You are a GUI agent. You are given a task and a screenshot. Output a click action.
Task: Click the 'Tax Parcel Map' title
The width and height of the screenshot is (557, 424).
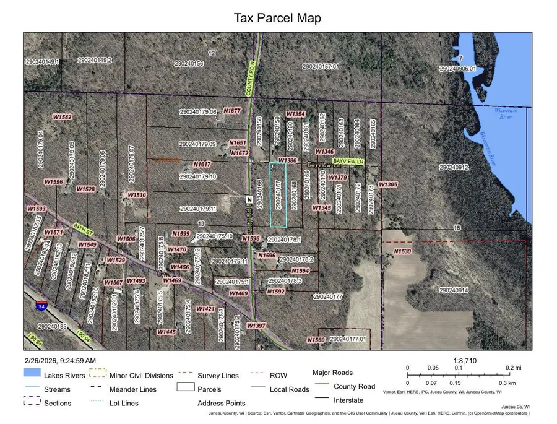click(x=277, y=17)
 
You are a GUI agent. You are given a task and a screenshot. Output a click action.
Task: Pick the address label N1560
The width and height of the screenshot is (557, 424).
click(x=316, y=340)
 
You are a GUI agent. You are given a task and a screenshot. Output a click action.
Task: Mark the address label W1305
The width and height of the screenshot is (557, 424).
click(x=387, y=184)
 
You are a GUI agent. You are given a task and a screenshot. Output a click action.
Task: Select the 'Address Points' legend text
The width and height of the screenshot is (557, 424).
click(x=222, y=404)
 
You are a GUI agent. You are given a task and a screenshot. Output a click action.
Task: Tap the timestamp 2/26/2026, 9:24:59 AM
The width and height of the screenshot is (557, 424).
click(x=60, y=360)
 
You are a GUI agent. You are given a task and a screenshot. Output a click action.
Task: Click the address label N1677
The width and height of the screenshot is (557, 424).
click(x=232, y=110)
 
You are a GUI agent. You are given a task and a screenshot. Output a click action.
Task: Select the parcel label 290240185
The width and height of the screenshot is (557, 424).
click(x=51, y=326)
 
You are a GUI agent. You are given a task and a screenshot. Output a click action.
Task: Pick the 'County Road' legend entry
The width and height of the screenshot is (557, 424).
click(x=354, y=386)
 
